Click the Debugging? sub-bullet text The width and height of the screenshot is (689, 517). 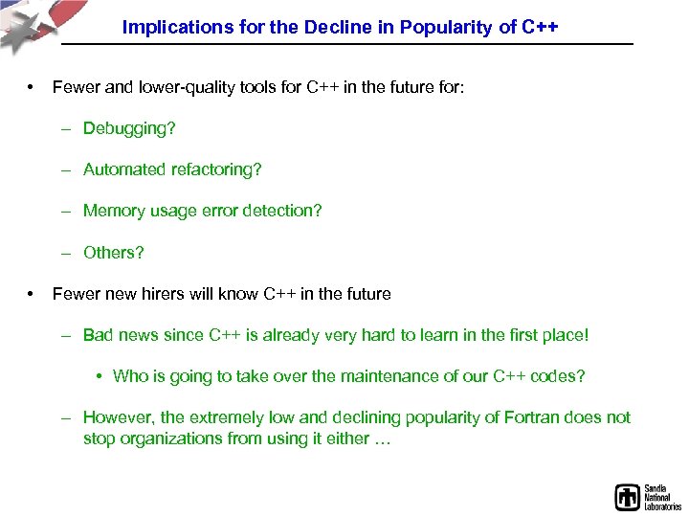click(129, 128)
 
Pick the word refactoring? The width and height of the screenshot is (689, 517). click(216, 169)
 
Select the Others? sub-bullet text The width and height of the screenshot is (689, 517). click(113, 253)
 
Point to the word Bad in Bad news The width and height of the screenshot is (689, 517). click(99, 335)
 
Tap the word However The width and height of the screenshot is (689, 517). click(118, 417)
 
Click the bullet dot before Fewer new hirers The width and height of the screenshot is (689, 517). click(32, 294)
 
